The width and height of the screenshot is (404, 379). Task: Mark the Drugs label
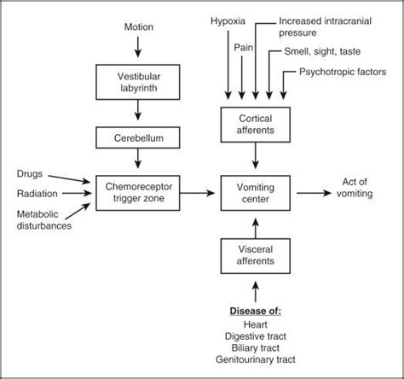click(31, 173)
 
